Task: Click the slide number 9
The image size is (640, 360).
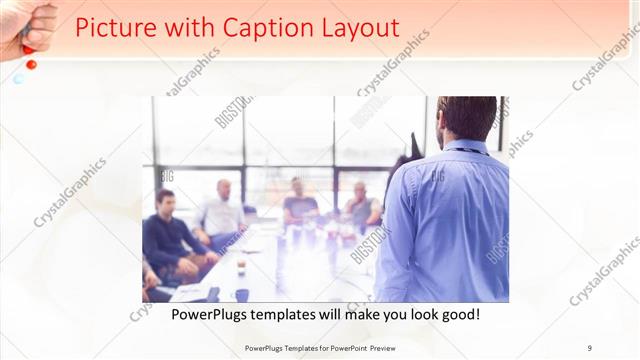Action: coord(590,347)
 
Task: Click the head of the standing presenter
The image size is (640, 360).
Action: coord(467,117)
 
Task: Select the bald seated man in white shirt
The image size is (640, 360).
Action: coord(222,210)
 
